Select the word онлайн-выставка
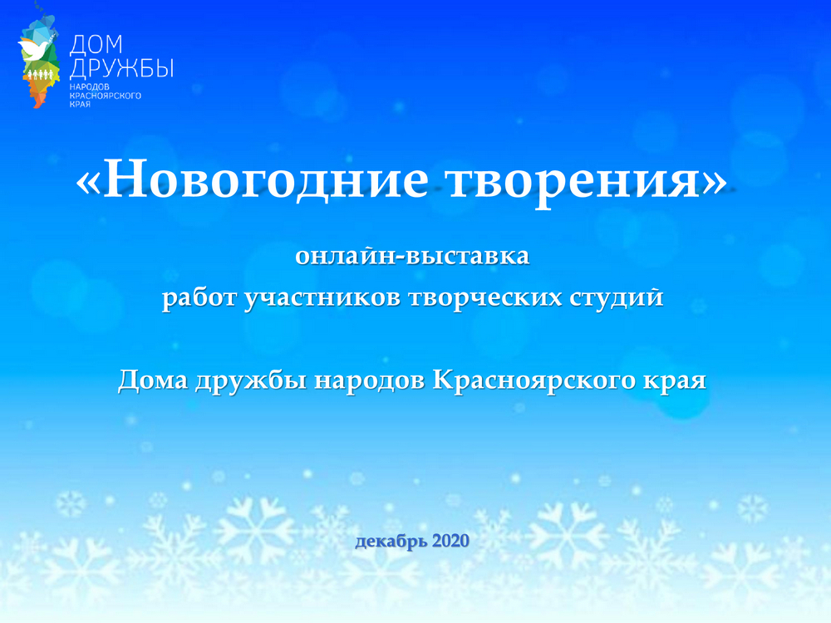[x=412, y=255]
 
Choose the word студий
[x=617, y=297]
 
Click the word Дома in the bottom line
[x=153, y=380]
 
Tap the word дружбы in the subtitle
[x=250, y=380]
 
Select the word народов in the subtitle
[x=369, y=380]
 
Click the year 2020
[x=450, y=541]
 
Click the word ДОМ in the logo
[x=96, y=45]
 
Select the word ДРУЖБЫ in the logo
[x=121, y=68]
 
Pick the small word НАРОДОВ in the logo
[x=90, y=86]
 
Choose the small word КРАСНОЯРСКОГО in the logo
[x=106, y=96]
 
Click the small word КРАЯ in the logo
[x=80, y=105]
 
